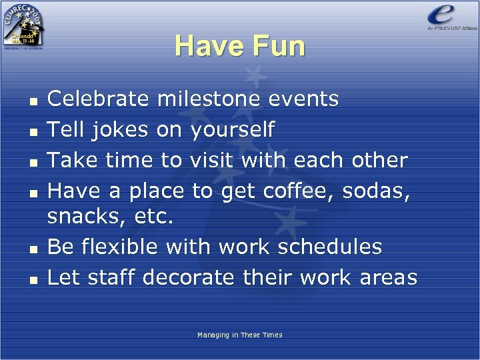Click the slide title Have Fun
click(240, 47)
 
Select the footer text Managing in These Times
click(240, 335)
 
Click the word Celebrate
click(99, 99)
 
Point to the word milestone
click(208, 99)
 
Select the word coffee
click(299, 191)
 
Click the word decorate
click(188, 277)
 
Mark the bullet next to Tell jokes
click(32, 132)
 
